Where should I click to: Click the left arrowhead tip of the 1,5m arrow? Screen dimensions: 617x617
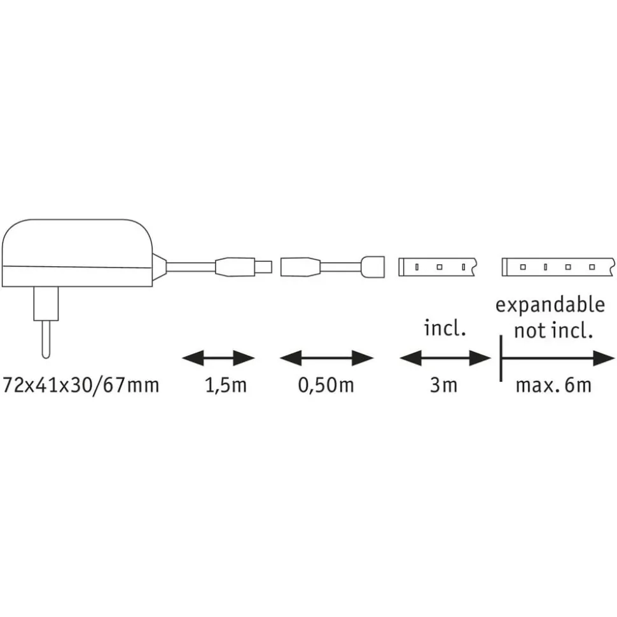182,358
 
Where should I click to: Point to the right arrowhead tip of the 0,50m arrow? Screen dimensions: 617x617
373,358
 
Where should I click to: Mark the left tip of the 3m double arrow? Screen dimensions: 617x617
399,358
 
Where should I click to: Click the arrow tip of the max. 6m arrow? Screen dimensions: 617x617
614,358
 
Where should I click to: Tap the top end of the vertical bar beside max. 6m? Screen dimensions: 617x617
501,336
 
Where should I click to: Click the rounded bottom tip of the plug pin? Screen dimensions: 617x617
46,358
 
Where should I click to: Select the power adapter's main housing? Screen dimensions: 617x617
78,253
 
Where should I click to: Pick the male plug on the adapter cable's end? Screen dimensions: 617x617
244,267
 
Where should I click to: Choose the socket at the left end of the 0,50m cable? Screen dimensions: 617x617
300,267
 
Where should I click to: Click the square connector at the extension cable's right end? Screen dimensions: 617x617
372,267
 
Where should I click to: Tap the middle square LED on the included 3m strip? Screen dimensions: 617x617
440,267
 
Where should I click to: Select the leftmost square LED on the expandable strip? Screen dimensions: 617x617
523,267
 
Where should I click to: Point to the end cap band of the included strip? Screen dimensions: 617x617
401,267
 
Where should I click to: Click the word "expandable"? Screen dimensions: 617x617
550,305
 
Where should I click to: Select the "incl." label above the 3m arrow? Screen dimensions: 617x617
445,328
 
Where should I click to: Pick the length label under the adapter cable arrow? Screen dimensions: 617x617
226,386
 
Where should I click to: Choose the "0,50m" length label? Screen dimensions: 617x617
326,386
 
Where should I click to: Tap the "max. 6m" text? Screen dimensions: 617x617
553,386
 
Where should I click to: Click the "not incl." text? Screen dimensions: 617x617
553,331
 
